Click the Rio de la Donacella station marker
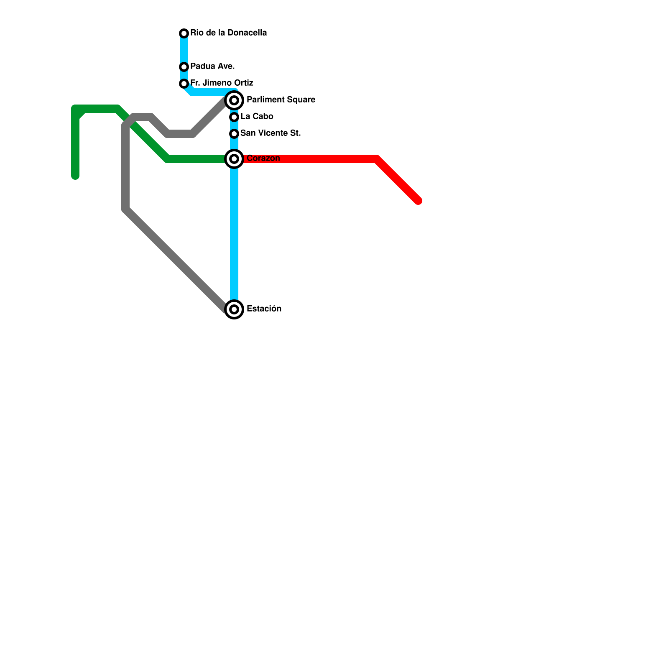[x=184, y=33]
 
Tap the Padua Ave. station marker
[x=184, y=67]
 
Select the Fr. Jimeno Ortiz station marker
[x=184, y=84]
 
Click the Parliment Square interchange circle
[x=234, y=100]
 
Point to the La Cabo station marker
[x=234, y=117]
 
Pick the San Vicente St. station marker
[x=234, y=134]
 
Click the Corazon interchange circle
[x=234, y=159]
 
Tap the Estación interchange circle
[x=234, y=309]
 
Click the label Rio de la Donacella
[x=228, y=33]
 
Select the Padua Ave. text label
[x=212, y=66]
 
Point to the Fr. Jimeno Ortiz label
[x=222, y=83]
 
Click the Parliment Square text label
[x=281, y=100]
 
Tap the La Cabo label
[x=257, y=116]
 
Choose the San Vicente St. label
[x=271, y=133]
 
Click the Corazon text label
[x=263, y=158]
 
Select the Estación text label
[x=264, y=309]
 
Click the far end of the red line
[x=418, y=201]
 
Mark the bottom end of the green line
[x=75, y=176]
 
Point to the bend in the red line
[x=377, y=159]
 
